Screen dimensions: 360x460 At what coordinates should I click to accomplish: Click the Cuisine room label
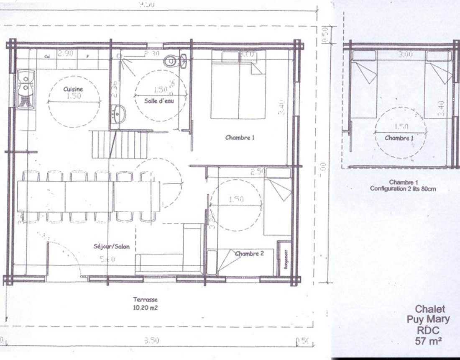73,89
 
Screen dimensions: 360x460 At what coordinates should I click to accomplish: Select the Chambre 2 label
249,254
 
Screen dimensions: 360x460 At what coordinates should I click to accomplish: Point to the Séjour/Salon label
111,247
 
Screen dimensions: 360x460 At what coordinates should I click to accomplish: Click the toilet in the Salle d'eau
171,61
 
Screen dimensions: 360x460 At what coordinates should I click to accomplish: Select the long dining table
89,196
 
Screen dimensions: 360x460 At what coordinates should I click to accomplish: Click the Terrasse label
145,300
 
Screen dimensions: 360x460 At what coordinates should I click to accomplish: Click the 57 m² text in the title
429,341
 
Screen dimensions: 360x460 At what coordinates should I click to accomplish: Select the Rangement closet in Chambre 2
285,259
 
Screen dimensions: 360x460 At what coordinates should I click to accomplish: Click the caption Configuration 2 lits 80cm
403,189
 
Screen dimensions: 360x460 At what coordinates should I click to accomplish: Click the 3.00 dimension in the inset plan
405,54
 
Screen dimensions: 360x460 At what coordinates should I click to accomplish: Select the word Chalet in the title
429,309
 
